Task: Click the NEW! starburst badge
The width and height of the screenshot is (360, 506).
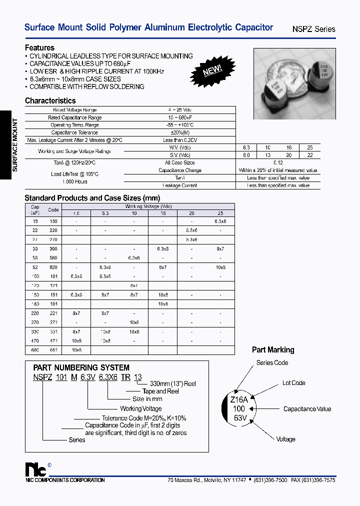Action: (x=212, y=70)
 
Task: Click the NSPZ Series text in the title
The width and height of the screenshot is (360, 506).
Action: (x=313, y=29)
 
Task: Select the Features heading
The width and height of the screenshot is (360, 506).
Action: (x=39, y=48)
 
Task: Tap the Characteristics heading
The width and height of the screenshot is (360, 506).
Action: (x=50, y=100)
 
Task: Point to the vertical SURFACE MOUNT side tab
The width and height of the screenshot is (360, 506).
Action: (x=14, y=144)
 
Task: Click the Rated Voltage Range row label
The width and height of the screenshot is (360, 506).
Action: (x=74, y=110)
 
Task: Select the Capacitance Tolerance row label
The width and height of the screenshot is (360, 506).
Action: (x=74, y=132)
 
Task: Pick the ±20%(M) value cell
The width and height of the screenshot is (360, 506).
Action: (x=180, y=132)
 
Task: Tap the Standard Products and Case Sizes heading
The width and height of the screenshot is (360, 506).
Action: (x=92, y=198)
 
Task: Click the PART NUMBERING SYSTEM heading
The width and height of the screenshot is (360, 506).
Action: (x=81, y=367)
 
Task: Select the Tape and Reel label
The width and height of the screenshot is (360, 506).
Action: (x=161, y=391)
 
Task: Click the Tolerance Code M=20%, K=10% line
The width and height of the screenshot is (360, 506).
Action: (x=143, y=418)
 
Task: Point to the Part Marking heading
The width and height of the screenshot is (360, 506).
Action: (x=273, y=350)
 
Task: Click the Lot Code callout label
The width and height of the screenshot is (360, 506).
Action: (x=293, y=383)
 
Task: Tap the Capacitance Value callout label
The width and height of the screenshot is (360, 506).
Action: (x=307, y=409)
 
